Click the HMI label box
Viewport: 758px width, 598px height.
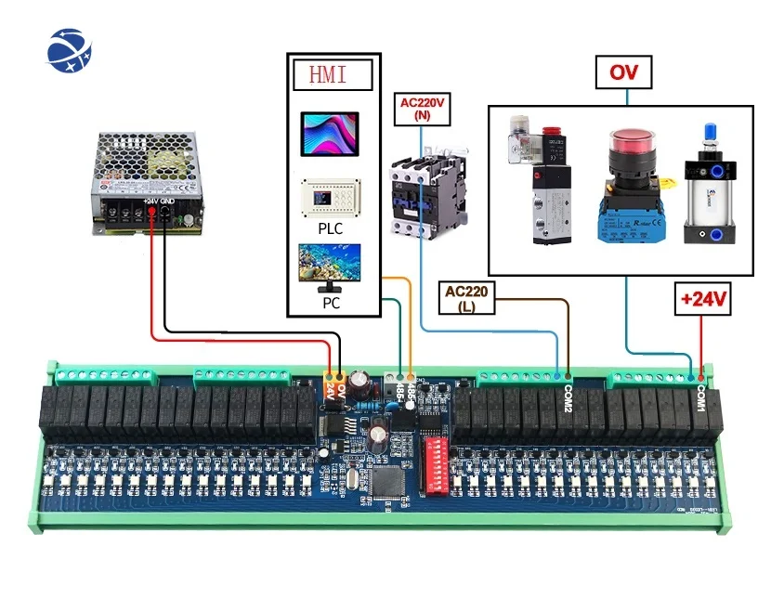click(333, 73)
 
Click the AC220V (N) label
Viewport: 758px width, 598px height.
click(423, 108)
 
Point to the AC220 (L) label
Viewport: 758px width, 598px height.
click(467, 298)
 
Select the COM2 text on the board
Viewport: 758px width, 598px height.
click(568, 399)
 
